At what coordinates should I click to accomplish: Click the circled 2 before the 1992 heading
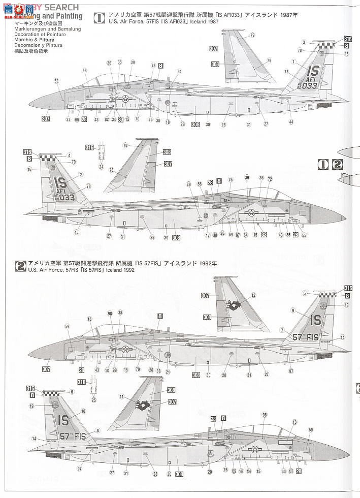click(x=21, y=265)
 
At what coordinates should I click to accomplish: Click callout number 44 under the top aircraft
click(x=291, y=122)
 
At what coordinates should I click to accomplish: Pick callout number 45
click(x=76, y=232)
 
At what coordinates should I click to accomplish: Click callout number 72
click(x=270, y=179)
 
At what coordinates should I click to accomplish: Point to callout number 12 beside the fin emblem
click(x=253, y=295)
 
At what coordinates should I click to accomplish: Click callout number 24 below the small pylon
click(x=101, y=167)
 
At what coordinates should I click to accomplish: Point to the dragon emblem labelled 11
click(x=144, y=406)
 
